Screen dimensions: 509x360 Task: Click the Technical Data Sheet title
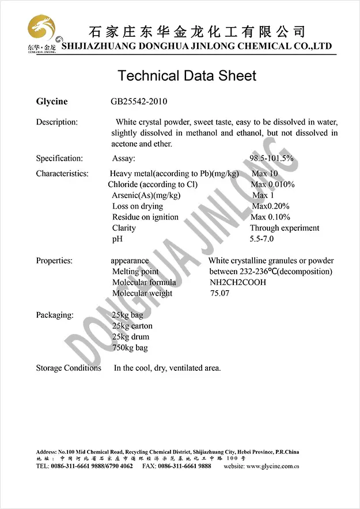coord(187,75)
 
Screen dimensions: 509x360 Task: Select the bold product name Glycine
coord(52,102)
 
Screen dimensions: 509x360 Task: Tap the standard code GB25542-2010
coord(139,102)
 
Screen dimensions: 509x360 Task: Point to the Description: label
coord(56,122)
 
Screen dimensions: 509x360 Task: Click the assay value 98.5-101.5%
coord(271,158)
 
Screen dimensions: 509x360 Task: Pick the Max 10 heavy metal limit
coord(264,173)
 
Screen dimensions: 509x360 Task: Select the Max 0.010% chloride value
coord(272,184)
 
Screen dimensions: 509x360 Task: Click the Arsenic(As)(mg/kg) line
coord(146,195)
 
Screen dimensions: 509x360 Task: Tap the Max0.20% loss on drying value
coord(271,206)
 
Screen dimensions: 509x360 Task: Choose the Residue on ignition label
coord(145,217)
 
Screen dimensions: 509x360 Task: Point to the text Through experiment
coord(284,228)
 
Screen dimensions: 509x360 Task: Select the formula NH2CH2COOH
coord(238,283)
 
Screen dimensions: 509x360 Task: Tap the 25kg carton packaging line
coord(132,326)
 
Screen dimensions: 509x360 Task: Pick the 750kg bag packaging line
coord(130,348)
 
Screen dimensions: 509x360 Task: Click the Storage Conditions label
coord(69,368)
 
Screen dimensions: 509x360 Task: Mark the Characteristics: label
coord(62,173)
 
